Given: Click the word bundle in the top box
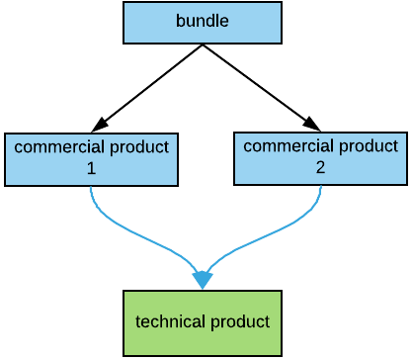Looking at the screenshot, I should tap(202, 21).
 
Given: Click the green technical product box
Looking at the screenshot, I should tap(202, 341).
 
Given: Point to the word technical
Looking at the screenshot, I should tap(168, 322).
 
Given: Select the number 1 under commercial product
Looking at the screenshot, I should tap(91, 168).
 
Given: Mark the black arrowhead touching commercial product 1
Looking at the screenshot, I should tap(99, 125).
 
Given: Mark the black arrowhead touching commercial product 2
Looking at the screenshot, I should tap(311, 123).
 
